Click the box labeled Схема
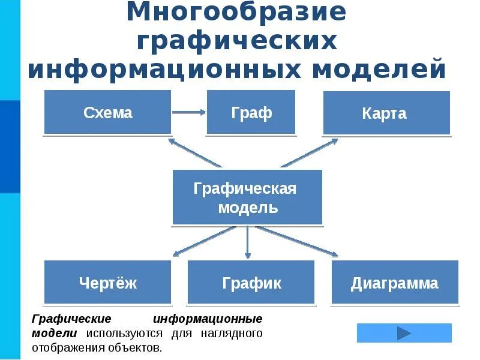(x=107, y=112)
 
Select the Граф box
(x=251, y=112)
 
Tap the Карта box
(x=386, y=113)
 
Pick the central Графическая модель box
(x=247, y=198)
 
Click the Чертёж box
(x=108, y=282)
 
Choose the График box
(x=251, y=282)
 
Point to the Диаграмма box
(x=394, y=282)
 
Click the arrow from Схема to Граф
(x=189, y=112)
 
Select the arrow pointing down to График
(x=247, y=242)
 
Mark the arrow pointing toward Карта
(x=309, y=154)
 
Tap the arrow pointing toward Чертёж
(x=204, y=241)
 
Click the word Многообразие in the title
(x=236, y=13)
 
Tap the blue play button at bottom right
(x=404, y=333)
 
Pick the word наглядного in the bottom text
(x=233, y=334)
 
